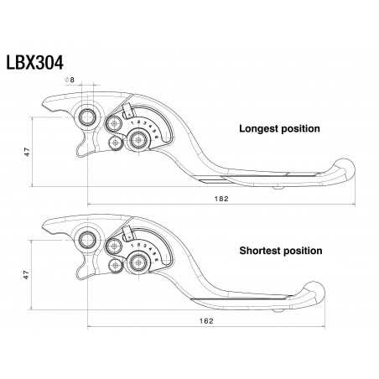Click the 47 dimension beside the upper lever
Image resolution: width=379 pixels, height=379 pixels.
(27, 151)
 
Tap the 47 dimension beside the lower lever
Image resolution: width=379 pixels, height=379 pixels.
(27, 273)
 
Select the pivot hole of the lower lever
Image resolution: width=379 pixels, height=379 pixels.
(86, 240)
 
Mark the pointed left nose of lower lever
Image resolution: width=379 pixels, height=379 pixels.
(44, 227)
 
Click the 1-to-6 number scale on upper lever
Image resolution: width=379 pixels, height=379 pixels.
(153, 128)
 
